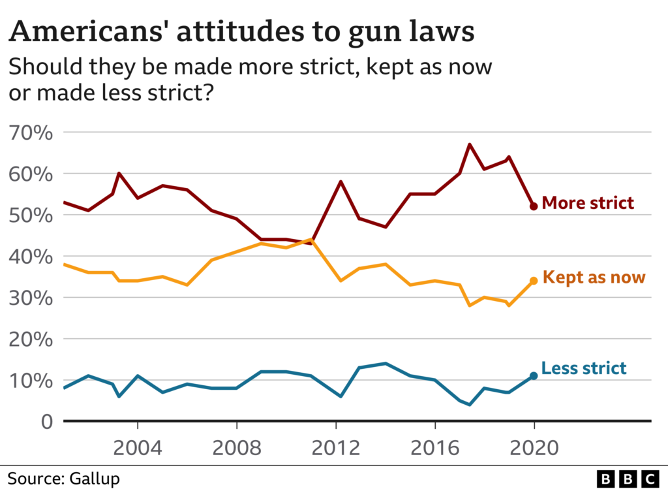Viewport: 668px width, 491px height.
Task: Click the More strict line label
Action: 588,202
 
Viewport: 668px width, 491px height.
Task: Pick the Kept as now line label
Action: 593,277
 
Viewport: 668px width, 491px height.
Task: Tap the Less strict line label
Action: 583,368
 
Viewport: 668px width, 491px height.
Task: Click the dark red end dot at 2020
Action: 534,206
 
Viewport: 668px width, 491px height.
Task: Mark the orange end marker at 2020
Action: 534,281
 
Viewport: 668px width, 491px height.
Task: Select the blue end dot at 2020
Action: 534,375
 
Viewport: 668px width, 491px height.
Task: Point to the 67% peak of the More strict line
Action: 470,144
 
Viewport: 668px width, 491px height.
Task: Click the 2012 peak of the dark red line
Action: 341,182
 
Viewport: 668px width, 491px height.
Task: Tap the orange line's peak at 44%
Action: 311,240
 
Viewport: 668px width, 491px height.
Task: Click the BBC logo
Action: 628,479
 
